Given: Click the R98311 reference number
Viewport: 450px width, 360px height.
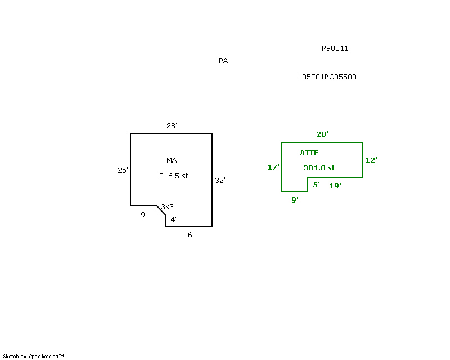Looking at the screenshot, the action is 335,48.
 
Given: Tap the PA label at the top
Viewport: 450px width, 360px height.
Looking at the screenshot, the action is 223,61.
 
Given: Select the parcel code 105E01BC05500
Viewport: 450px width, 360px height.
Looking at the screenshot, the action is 327,77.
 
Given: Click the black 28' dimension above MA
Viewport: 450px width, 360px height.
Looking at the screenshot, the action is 172,126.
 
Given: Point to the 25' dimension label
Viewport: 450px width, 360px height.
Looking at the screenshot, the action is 123,170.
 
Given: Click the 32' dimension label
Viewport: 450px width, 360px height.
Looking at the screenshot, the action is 220,181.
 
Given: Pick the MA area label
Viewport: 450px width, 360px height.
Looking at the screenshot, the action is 172,160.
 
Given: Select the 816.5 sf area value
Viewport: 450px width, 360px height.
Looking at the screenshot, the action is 173,175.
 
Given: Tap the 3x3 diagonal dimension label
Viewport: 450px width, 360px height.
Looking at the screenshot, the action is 167,206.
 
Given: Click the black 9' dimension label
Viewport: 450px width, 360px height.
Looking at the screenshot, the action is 144,214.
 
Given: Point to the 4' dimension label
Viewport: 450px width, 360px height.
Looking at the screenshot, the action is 174,219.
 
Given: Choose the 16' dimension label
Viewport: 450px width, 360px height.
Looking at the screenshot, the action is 189,235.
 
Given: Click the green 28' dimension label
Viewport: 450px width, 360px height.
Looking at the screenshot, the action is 322,134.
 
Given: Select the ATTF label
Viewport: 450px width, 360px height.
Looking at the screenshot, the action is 309,153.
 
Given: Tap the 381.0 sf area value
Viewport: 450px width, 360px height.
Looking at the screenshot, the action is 319,168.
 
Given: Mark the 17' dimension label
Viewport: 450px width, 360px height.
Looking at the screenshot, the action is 273,168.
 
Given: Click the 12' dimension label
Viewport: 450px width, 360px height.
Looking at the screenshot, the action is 371,160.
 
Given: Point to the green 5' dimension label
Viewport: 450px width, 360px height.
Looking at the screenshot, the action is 316,184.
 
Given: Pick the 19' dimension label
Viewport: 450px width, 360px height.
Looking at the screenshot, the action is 335,186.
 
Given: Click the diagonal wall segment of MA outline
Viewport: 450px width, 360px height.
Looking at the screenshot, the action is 161,210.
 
